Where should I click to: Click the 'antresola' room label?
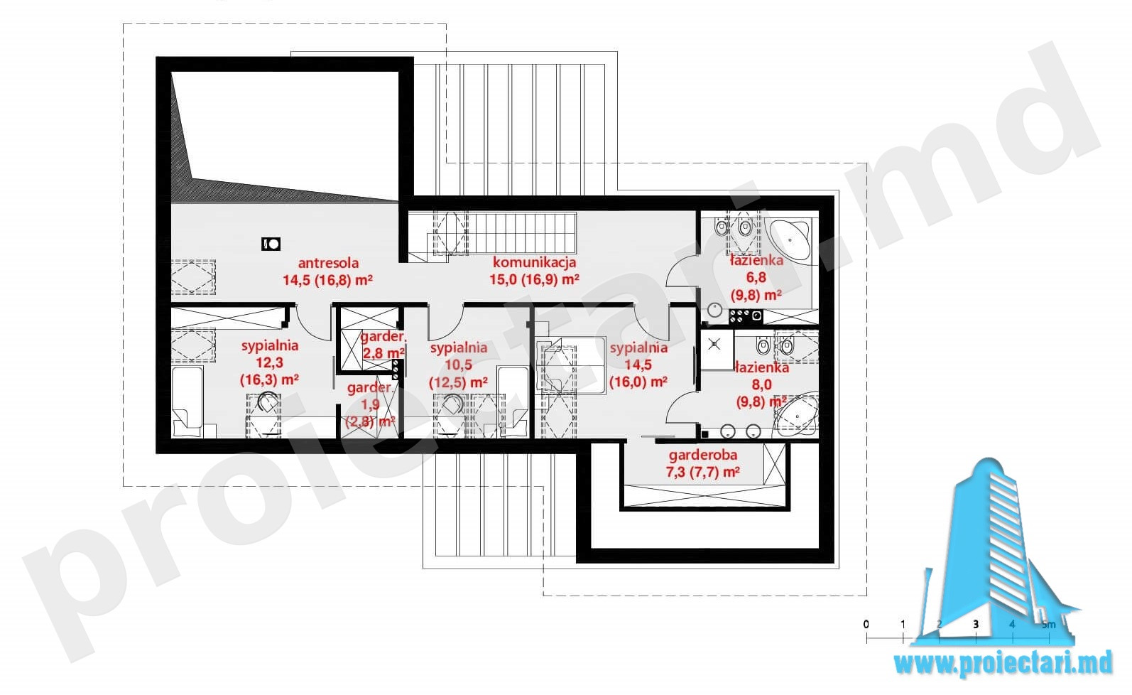328,263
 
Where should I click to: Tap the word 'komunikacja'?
534,262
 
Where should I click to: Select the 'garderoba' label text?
702,456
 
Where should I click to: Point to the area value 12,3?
269,362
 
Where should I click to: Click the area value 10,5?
458,364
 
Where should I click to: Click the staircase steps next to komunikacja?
523,233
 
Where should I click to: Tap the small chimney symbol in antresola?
271,244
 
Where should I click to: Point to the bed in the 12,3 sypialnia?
187,402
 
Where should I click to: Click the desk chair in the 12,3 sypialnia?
267,404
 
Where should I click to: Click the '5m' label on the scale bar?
1049,624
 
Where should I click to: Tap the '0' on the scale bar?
866,624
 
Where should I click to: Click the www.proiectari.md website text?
1003,662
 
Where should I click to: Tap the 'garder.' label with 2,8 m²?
382,336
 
